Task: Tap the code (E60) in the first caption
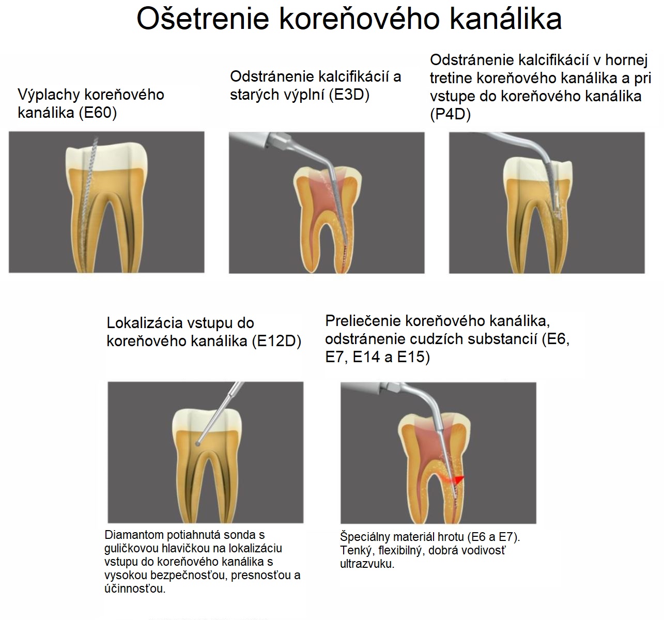(98, 113)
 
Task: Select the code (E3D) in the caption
(349, 95)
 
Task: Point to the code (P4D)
(450, 114)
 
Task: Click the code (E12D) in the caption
(277, 341)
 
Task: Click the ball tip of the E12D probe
(197, 444)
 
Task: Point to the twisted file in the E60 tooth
(88, 204)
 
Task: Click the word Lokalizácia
(145, 323)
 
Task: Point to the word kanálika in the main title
(505, 19)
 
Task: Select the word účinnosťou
(135, 588)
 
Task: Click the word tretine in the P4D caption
(451, 78)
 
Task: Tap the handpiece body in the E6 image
(371, 389)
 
